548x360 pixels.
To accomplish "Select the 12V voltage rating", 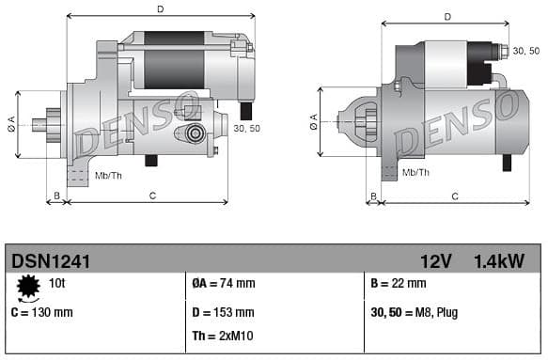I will click(435, 260).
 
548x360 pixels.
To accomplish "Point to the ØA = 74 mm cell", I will click(223, 283).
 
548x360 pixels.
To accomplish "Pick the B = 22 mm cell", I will click(399, 283).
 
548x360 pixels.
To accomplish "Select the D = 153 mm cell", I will click(222, 312).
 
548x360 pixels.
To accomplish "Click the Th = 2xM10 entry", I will click(224, 336).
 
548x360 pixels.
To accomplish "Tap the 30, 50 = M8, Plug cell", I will click(415, 312).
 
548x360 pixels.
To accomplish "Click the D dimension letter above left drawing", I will click(161, 9).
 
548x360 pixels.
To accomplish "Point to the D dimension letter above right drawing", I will click(446, 17).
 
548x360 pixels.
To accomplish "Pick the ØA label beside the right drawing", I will click(313, 121).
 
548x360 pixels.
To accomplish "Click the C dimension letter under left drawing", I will click(152, 195).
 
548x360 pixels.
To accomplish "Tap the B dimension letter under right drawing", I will click(373, 196).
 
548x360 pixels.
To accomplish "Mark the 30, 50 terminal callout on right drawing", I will click(526, 50).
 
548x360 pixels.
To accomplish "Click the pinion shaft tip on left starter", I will click(36, 122).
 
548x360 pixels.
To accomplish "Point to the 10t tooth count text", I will click(57, 282).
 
